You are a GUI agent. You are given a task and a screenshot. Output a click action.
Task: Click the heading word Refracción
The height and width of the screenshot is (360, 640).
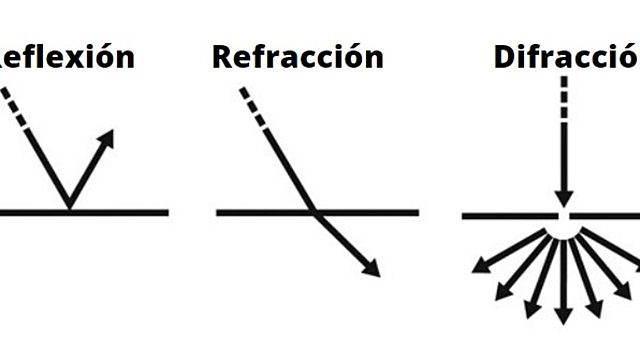pyautogui.click(x=297, y=56)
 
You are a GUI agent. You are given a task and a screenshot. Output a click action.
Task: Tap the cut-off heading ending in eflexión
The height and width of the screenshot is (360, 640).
pyautogui.click(x=68, y=56)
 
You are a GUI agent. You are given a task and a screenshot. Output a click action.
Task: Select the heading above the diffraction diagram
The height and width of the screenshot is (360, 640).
pyautogui.click(x=566, y=56)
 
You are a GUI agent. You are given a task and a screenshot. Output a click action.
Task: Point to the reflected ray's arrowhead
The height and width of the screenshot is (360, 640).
pyautogui.click(x=107, y=137)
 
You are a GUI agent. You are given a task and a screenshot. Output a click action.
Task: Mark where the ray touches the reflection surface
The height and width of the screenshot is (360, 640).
pyautogui.click(x=68, y=210)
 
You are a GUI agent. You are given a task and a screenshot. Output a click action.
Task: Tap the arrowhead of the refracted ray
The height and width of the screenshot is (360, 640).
pyautogui.click(x=372, y=269)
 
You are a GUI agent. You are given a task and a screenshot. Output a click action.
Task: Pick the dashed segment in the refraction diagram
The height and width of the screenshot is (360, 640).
pyautogui.click(x=253, y=108)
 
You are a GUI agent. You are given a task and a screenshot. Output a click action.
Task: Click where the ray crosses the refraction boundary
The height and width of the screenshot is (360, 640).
pyautogui.click(x=314, y=212)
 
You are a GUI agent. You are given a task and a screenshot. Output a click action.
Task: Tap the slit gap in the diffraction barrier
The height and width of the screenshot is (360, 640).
pyautogui.click(x=564, y=214)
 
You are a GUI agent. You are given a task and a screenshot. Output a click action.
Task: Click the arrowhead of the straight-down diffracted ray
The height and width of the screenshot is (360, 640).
pyautogui.click(x=564, y=315)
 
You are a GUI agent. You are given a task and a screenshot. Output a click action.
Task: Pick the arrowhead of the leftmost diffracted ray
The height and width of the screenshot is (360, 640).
pyautogui.click(x=481, y=266)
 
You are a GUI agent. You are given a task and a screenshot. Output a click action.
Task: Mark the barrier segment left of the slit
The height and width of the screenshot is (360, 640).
pyautogui.click(x=505, y=214)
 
